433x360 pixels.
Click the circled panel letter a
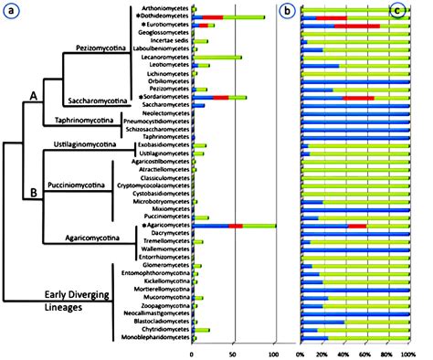pyautogui.click(x=13, y=12)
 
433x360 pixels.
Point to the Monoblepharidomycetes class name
pyautogui.click(x=153, y=338)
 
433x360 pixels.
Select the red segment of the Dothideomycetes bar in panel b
pyautogui.click(x=213, y=17)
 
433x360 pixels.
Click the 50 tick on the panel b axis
pyautogui.click(x=233, y=352)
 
